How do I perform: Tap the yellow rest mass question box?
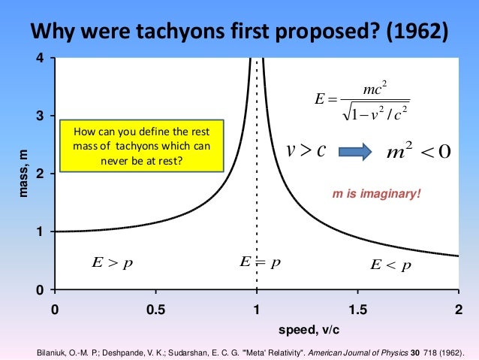(x=142, y=146)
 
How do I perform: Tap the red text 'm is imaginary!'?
(x=378, y=194)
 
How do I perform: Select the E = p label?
(x=260, y=262)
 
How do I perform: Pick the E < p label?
(x=391, y=265)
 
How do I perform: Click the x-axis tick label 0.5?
(x=155, y=309)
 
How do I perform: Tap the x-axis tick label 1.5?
(x=357, y=309)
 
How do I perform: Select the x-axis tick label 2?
(x=458, y=309)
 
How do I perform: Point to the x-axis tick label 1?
(x=257, y=309)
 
